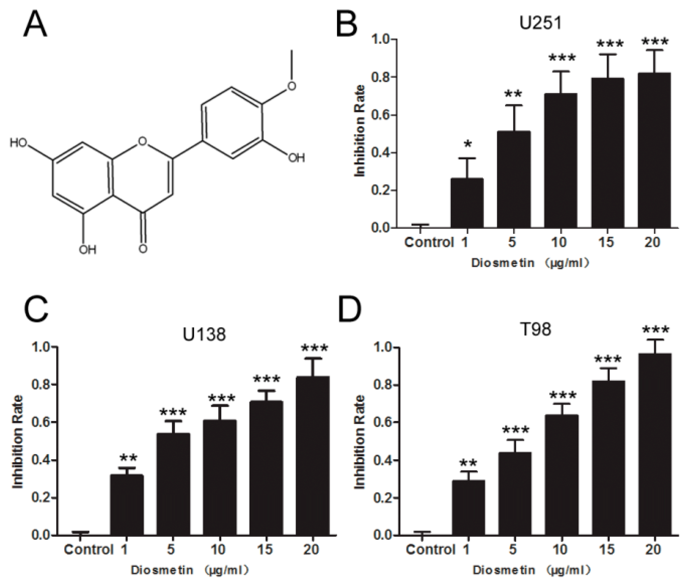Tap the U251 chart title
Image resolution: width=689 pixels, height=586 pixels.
[x=540, y=23]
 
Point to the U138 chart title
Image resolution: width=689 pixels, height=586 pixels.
[x=204, y=334]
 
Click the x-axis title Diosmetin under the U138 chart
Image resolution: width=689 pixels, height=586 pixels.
[x=162, y=570]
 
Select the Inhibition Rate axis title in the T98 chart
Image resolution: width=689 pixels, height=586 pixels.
[x=360, y=442]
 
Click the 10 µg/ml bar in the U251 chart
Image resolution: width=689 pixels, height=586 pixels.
[x=561, y=161]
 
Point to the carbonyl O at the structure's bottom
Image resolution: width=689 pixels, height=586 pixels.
[x=143, y=248]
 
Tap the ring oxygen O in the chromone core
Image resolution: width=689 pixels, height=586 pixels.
[x=142, y=142]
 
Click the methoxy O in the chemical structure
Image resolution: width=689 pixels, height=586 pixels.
[x=292, y=86]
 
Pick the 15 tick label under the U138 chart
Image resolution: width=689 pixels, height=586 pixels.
[x=265, y=550]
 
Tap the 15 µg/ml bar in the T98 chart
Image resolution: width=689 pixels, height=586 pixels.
[x=608, y=458]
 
